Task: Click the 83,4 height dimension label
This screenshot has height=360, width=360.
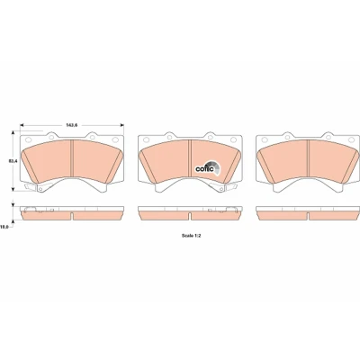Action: pyautogui.click(x=13, y=161)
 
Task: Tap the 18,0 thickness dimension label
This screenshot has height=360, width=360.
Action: pyautogui.click(x=4, y=228)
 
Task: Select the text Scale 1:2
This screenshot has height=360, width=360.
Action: pyautogui.click(x=191, y=236)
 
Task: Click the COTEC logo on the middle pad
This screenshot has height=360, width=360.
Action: pyautogui.click(x=208, y=168)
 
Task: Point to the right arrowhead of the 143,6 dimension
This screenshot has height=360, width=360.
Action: pyautogui.click(x=121, y=125)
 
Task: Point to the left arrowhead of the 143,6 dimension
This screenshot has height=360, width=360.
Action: pyautogui.click(x=22, y=125)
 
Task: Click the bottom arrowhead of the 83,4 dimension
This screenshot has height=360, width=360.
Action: pyautogui.click(x=13, y=189)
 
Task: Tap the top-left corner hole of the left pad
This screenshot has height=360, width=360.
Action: pyautogui.click(x=29, y=139)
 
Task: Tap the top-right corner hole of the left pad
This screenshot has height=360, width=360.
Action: pyautogui.click(x=115, y=139)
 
